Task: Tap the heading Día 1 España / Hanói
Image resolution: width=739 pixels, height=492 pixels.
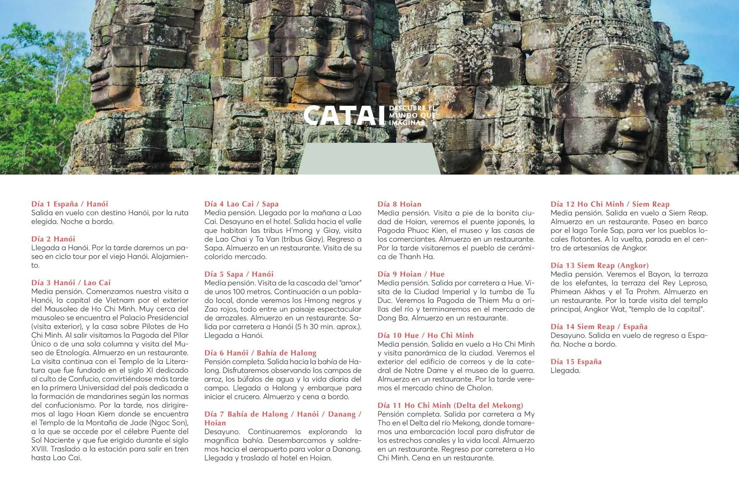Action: click(69, 204)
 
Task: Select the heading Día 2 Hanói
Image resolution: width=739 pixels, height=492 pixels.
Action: click(53, 239)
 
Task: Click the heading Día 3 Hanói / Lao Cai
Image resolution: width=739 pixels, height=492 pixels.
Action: click(71, 282)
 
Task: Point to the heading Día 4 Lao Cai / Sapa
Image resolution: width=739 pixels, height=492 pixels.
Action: click(241, 204)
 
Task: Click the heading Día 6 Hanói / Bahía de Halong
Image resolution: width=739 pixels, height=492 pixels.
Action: click(260, 353)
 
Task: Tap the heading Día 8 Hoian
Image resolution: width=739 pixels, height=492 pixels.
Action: click(399, 204)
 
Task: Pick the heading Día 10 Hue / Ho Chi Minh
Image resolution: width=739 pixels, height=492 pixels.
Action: click(425, 335)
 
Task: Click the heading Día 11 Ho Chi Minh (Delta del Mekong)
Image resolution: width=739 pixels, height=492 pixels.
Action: click(450, 405)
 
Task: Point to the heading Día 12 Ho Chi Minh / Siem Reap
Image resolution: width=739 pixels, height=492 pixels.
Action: click(610, 204)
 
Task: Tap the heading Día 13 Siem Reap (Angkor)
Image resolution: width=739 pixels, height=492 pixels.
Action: click(599, 265)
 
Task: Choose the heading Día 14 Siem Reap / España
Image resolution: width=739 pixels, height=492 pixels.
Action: click(599, 326)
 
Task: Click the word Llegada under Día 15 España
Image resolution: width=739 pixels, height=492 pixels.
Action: click(565, 371)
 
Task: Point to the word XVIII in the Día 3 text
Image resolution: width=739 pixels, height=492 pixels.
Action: click(40, 449)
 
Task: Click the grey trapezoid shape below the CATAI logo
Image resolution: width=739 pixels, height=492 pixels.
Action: click(369, 159)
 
